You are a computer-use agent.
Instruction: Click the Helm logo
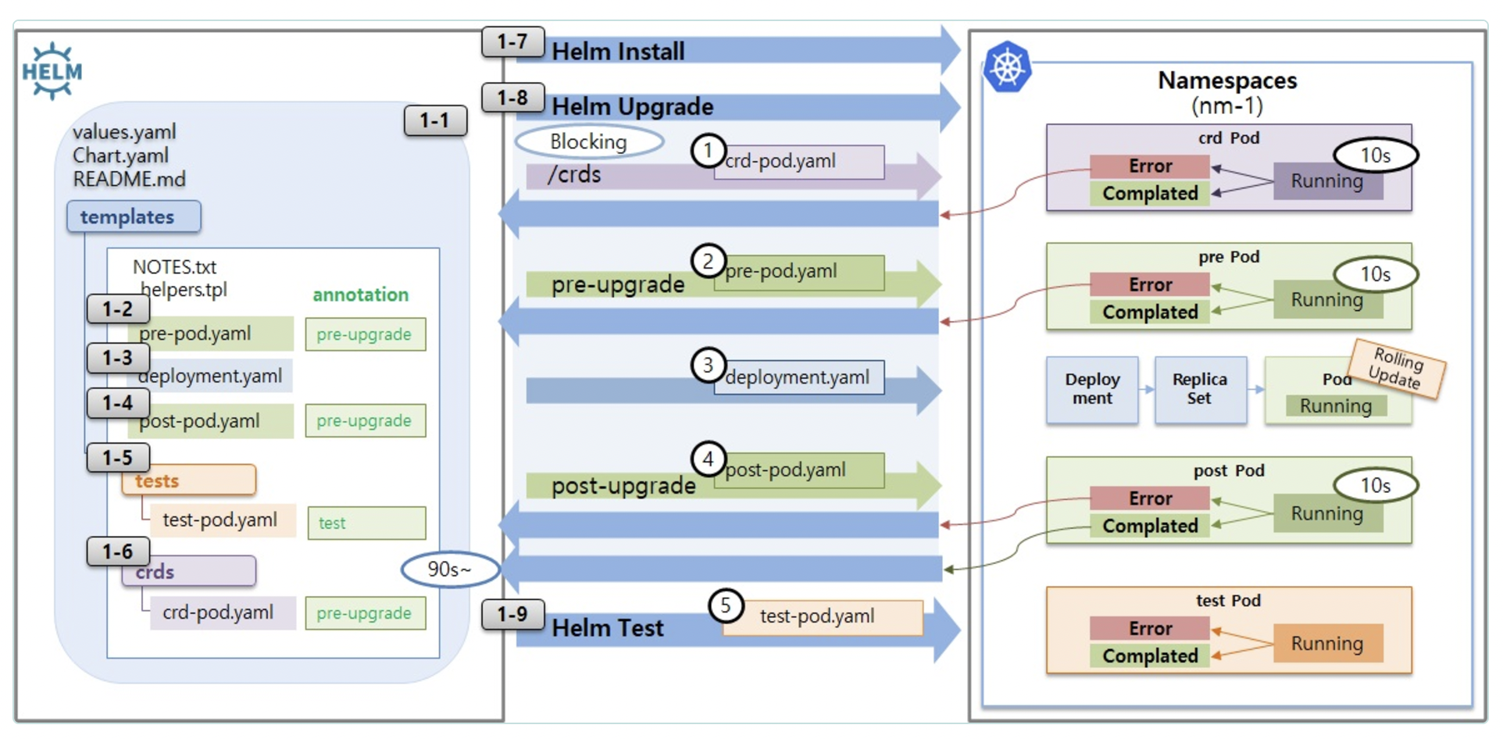(52, 71)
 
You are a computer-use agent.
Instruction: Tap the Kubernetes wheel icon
(1007, 66)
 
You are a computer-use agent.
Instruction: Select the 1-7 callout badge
(512, 41)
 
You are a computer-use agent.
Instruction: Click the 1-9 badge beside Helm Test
(512, 615)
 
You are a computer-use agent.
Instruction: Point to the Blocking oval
(589, 141)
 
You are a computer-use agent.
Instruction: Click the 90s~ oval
(449, 569)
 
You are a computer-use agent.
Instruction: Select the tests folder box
(188, 480)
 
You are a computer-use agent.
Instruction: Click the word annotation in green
(360, 295)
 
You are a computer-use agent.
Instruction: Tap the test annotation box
(366, 523)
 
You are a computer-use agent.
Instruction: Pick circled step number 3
(708, 365)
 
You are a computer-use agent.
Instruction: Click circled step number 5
(726, 605)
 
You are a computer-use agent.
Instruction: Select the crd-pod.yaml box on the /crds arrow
(798, 162)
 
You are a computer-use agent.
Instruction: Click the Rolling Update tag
(1398, 368)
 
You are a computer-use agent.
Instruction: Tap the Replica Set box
(1200, 389)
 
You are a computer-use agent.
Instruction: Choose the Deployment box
(1092, 389)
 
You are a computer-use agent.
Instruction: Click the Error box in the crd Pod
(1150, 166)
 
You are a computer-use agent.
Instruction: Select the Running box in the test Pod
(1327, 643)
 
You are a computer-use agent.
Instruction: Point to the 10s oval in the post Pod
(1376, 485)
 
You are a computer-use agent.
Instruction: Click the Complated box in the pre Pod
(1150, 312)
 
